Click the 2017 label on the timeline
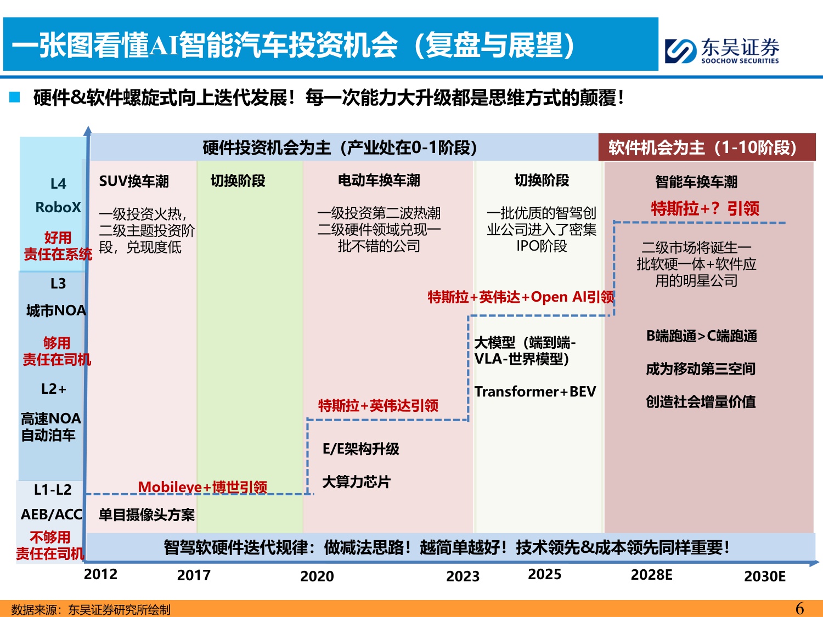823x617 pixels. coord(194,575)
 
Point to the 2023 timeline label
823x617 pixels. coord(463,576)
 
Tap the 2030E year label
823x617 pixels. coord(764,576)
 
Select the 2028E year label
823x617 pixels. coord(651,575)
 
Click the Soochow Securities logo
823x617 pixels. coord(721,50)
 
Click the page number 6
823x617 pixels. coord(799,608)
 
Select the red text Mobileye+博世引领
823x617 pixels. coord(202,486)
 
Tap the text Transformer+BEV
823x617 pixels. coord(535,392)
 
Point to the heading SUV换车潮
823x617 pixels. coord(134,182)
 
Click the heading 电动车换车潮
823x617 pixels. coord(379,180)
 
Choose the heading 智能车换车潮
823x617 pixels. coord(696,182)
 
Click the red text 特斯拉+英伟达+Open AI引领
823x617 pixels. coord(521,297)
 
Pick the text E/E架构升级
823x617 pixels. coord(360,449)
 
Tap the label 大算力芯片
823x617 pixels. coord(356,482)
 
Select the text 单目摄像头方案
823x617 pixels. coord(146,515)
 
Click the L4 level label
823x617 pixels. coord(58,184)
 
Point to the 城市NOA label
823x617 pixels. coord(56,311)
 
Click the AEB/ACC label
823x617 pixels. coord(51,514)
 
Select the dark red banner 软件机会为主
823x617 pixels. coord(706,148)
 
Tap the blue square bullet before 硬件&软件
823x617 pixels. coord(15,98)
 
